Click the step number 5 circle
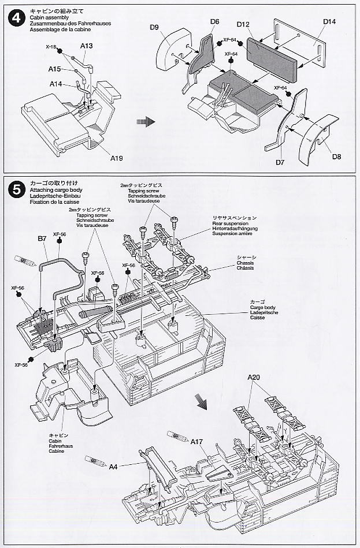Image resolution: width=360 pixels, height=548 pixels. tap(14, 189)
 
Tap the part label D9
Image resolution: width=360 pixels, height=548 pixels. tap(154, 27)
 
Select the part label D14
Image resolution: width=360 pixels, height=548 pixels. tap(329, 22)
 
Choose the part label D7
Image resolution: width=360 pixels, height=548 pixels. tap(280, 163)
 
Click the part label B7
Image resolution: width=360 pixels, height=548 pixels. tap(42, 238)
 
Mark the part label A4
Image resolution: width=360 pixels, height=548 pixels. tap(113, 467)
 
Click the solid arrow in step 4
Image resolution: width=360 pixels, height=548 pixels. tap(144, 122)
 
